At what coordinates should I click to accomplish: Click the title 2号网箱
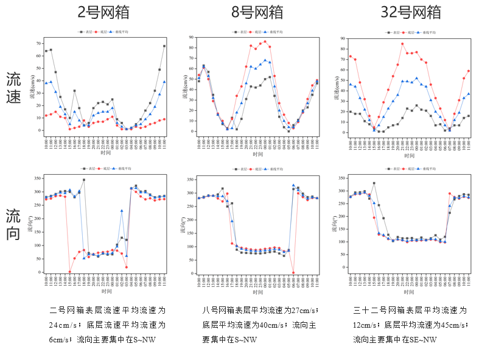103,13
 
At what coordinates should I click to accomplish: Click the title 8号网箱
257,13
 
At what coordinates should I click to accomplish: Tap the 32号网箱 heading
411,13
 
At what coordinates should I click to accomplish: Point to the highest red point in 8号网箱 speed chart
265,42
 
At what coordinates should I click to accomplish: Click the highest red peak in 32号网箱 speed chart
402,43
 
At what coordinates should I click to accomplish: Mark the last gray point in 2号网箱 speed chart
164,46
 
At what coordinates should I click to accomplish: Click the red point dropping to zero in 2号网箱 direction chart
70,272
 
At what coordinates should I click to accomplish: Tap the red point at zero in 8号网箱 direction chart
293,272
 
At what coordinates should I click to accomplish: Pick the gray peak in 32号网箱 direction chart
374,183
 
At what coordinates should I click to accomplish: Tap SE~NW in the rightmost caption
425,339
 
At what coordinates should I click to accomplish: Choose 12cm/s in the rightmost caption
365,325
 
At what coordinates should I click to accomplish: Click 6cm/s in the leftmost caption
60,339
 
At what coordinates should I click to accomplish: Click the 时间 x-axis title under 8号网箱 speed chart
257,155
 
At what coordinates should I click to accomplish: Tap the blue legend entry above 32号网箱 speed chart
428,31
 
